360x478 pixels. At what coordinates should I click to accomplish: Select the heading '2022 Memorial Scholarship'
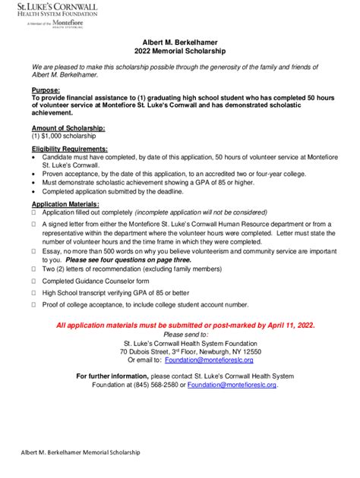coord(180,52)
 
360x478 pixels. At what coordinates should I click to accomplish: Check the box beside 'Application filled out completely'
coord(34,213)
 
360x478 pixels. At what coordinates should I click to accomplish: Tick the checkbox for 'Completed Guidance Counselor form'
coord(34,280)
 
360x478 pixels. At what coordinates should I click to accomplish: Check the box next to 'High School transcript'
coord(34,292)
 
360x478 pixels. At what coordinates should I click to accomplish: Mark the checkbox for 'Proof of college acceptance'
coord(34,304)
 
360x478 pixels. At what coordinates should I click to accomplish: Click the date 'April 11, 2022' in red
coord(286,325)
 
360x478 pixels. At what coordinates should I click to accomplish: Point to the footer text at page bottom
coord(75,451)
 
